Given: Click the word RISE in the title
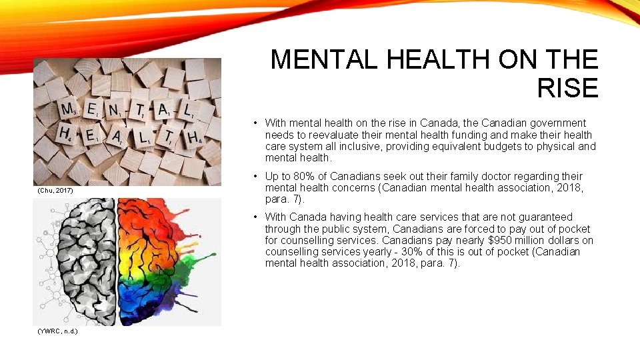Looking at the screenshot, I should pos(567,88).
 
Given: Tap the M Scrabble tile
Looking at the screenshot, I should pos(68,109).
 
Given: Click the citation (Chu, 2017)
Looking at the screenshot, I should pos(53,191).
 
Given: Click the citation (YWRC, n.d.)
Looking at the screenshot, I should pos(58,331).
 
